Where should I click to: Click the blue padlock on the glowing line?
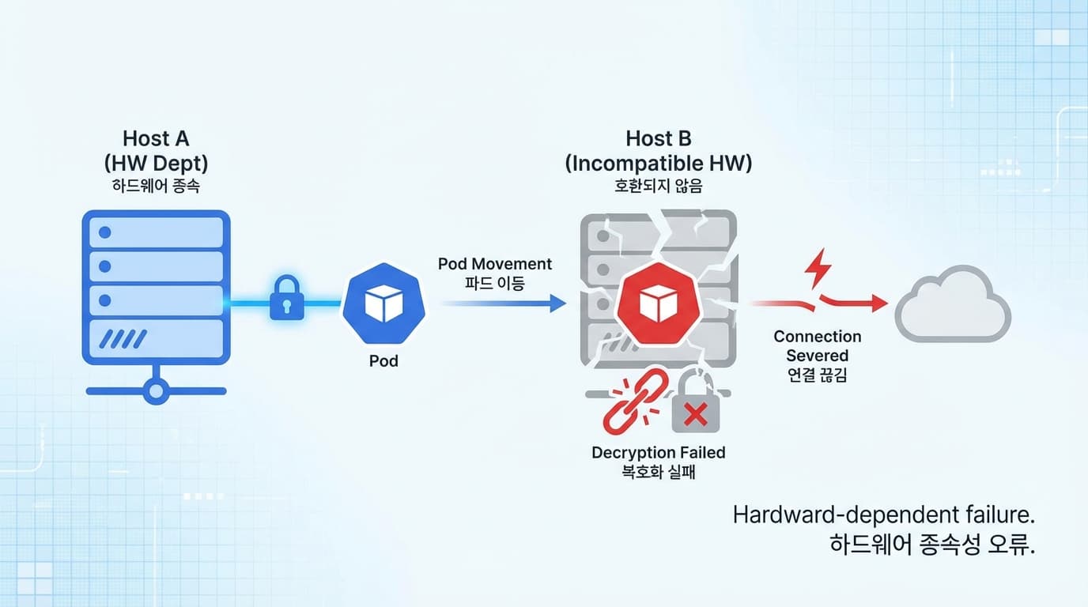pyautogui.click(x=286, y=300)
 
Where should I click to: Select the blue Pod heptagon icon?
pyautogui.click(x=383, y=304)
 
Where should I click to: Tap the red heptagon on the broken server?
pyautogui.click(x=658, y=304)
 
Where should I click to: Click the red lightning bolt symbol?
pyautogui.click(x=818, y=270)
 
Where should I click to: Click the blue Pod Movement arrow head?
pyautogui.click(x=558, y=303)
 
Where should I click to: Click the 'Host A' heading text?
pyautogui.click(x=156, y=139)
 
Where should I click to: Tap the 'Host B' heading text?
pyautogui.click(x=658, y=139)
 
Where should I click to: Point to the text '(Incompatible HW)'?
pyautogui.click(x=658, y=164)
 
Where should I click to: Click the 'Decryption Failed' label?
pyautogui.click(x=658, y=453)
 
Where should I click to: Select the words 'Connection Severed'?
pyautogui.click(x=817, y=346)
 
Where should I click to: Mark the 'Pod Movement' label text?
pyautogui.click(x=495, y=264)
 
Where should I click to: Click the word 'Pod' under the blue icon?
pyautogui.click(x=383, y=361)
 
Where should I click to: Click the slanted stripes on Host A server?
pyautogui.click(x=125, y=339)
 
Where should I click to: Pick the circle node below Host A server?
pyautogui.click(x=156, y=390)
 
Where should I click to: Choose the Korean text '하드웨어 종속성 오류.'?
pyautogui.click(x=932, y=546)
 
